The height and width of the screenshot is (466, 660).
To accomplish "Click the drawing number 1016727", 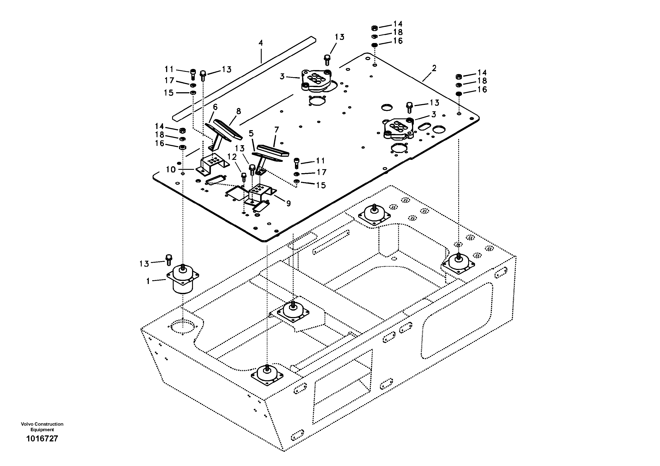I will pyautogui.click(x=42, y=439).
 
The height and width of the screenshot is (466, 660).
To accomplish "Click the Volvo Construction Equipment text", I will pyautogui.click(x=42, y=427).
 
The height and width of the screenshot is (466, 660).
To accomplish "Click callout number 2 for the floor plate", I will pyautogui.click(x=434, y=68).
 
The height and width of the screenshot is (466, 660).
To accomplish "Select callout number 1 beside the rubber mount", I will pyautogui.click(x=148, y=281).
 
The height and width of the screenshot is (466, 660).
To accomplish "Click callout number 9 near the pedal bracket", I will pyautogui.click(x=288, y=204).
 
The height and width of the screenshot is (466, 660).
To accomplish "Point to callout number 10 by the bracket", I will pyautogui.click(x=171, y=170).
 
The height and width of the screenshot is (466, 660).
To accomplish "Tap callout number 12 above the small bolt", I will pyautogui.click(x=232, y=157).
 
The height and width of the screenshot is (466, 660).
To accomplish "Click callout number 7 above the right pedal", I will pyautogui.click(x=277, y=130).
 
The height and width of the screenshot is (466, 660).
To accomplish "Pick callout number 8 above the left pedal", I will pyautogui.click(x=239, y=111).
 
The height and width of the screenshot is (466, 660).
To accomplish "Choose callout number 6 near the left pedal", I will pyautogui.click(x=215, y=107).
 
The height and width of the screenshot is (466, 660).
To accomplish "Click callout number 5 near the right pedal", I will pyautogui.click(x=251, y=133).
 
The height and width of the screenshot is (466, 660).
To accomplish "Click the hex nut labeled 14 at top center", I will pyautogui.click(x=374, y=28).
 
